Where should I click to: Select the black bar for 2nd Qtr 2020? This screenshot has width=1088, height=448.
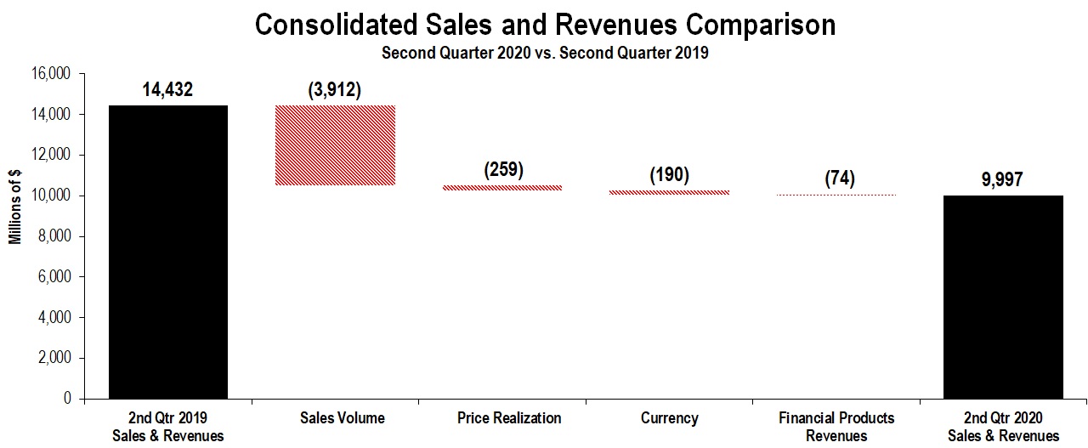pyautogui.click(x=1004, y=297)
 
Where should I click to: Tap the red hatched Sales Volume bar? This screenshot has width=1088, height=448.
pyautogui.click(x=335, y=145)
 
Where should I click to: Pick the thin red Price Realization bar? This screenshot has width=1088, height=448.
pyautogui.click(x=502, y=188)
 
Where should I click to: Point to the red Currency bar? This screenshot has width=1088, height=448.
pyautogui.click(x=669, y=192)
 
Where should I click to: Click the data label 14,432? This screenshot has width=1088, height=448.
pyautogui.click(x=168, y=89)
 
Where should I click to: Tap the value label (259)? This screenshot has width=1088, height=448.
pyautogui.click(x=503, y=168)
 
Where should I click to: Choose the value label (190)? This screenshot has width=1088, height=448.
pyautogui.click(x=669, y=175)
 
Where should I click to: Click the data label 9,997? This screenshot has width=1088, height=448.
pyautogui.click(x=1004, y=179)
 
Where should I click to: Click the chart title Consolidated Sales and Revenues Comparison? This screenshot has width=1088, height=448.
pyautogui.click(x=545, y=25)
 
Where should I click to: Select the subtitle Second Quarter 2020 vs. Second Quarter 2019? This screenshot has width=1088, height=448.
pyautogui.click(x=545, y=52)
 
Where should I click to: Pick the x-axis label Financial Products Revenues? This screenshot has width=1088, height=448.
pyautogui.click(x=836, y=427)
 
